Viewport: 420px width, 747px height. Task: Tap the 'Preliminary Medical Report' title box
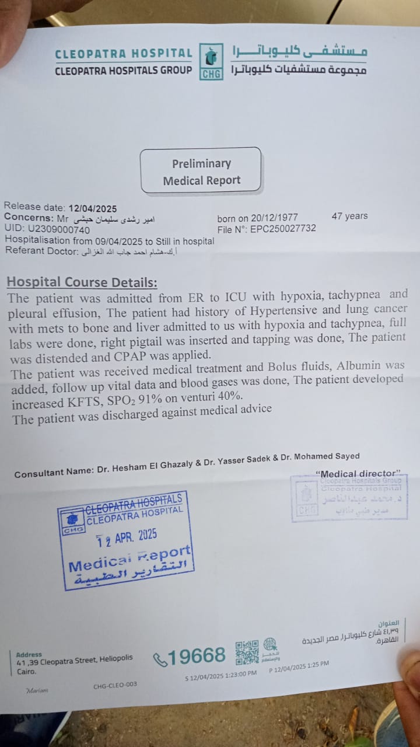(x=201, y=172)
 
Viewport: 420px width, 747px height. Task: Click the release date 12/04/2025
(x=93, y=208)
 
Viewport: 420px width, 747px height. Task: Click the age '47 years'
(x=349, y=216)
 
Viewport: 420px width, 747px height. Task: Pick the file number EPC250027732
(x=283, y=228)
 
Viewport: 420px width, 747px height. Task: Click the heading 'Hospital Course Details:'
(x=82, y=283)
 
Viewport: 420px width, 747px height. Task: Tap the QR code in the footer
(x=247, y=652)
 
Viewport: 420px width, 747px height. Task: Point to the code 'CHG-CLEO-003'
(x=116, y=685)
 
